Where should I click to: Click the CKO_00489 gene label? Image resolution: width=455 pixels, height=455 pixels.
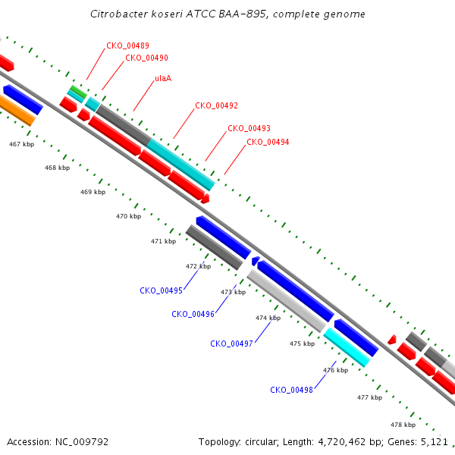point(127,45)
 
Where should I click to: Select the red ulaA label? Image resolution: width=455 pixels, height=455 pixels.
point(163,78)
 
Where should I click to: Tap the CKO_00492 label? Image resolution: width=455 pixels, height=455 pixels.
point(216,105)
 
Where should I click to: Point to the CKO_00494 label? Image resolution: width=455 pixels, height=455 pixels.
point(268,142)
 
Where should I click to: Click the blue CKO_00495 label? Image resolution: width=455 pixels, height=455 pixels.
point(161,290)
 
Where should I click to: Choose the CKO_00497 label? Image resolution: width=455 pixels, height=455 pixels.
point(231,344)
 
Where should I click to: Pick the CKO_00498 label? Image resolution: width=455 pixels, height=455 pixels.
point(291,390)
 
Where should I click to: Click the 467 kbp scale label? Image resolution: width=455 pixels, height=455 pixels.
point(21,144)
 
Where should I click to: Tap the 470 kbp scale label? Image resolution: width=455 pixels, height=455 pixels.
point(129,216)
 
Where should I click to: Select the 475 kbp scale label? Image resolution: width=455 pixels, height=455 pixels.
point(302,344)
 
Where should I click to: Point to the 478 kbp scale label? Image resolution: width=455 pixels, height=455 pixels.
point(403,425)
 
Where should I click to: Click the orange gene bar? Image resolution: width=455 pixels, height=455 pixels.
point(17,110)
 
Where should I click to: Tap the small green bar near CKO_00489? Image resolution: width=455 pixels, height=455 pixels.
point(78,92)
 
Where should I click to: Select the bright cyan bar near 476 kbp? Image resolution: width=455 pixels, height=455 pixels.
point(347,347)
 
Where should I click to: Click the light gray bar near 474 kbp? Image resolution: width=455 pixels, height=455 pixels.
point(287,301)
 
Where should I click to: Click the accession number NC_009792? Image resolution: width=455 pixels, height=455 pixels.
point(82,442)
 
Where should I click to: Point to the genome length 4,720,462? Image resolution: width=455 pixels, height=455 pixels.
point(342,442)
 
